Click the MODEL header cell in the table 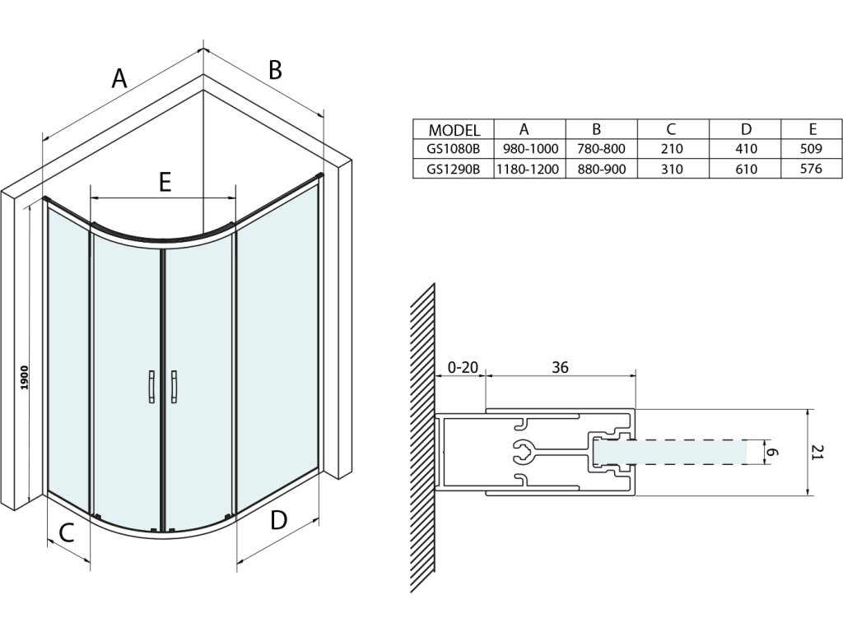[454, 130]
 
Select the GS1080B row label [454, 149]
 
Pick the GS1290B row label [454, 169]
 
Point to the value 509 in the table [811, 149]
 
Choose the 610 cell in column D [746, 169]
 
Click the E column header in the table [813, 129]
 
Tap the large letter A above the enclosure [120, 79]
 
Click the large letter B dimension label [275, 71]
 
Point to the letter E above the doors [165, 182]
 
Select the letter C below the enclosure [68, 532]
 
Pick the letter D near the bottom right [279, 520]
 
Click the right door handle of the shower [174, 387]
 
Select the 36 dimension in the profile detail [561, 367]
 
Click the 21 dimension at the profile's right [817, 453]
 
